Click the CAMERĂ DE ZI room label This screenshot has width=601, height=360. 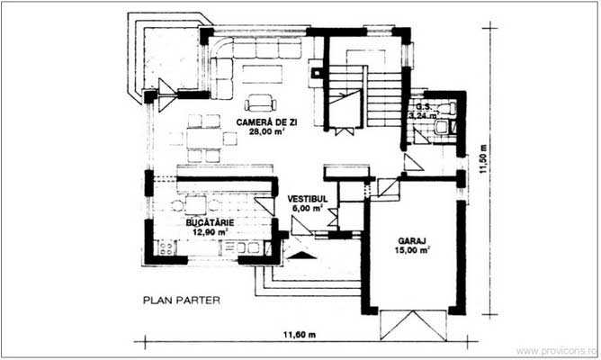click(267, 120)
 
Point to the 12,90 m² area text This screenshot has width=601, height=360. click(209, 230)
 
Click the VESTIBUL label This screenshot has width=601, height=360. click(306, 197)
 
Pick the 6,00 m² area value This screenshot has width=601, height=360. click(306, 208)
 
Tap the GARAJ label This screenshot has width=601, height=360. click(410, 240)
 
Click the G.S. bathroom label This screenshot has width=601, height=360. click(418, 105)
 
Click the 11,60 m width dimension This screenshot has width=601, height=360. click(300, 334)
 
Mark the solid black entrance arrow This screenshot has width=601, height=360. click(301, 254)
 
